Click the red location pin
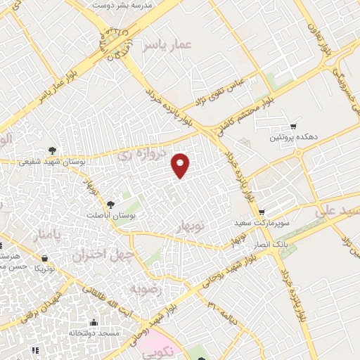coord(181,165)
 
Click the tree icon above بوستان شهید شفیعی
coord(53,150)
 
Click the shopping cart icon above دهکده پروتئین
coord(294,126)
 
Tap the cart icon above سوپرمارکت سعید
coord(262,212)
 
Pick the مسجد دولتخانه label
coord(93,333)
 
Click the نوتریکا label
coord(44,269)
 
